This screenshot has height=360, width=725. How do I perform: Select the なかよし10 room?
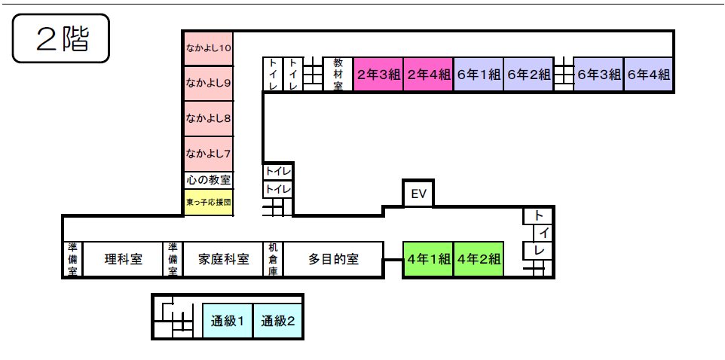pos(209,48)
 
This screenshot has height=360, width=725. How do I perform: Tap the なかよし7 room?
pos(209,154)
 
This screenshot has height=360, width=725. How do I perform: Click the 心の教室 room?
pos(209,181)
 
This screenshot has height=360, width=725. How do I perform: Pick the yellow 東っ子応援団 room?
pos(209,202)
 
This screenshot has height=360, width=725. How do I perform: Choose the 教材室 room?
pos(338,74)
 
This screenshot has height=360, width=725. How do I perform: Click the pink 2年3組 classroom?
pos(378,75)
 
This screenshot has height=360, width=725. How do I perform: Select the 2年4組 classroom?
pos(428,75)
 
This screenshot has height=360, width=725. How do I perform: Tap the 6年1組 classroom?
pos(478,75)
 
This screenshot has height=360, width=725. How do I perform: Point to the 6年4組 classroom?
pos(648,75)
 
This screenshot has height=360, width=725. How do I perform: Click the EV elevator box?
pos(419,194)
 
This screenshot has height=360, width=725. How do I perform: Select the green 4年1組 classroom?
pos(428,260)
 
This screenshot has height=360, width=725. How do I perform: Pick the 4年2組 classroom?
pos(479,260)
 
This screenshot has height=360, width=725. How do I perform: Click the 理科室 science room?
pos(123,260)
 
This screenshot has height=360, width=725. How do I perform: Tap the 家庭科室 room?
pos(224,260)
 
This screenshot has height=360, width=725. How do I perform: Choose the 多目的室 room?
pos(333,260)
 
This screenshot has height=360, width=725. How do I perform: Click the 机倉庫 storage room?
pos(273,260)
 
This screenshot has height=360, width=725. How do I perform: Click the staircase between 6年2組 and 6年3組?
pos(563,75)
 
